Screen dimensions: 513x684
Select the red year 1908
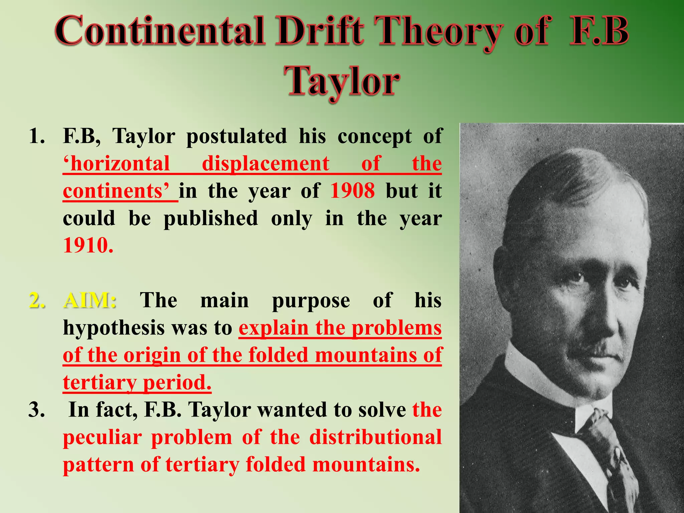click(x=352, y=191)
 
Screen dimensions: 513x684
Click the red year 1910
click(x=88, y=245)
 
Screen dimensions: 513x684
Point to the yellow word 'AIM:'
click(x=90, y=300)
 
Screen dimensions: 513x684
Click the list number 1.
click(x=37, y=137)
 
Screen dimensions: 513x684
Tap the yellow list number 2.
click(x=37, y=300)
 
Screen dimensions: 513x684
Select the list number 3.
click(x=37, y=410)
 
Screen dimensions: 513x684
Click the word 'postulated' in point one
click(x=236, y=137)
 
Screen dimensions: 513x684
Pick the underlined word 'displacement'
click(x=266, y=164)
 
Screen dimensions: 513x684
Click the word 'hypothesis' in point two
click(x=114, y=328)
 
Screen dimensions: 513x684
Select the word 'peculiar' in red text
click(x=102, y=437)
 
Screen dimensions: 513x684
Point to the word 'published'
click(x=211, y=218)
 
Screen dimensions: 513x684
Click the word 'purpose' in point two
click(x=311, y=300)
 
